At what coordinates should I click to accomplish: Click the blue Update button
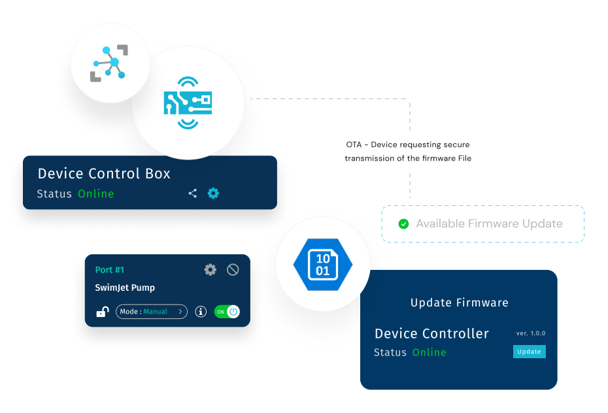[530, 352]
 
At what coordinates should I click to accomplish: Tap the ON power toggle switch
[227, 312]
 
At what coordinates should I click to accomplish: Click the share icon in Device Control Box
[193, 193]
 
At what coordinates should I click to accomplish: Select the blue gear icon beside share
[213, 193]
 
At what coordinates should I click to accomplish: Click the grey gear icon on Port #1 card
[210, 269]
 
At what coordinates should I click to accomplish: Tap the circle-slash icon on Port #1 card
[233, 269]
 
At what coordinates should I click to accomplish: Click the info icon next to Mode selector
[201, 312]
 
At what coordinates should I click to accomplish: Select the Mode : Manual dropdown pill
[152, 312]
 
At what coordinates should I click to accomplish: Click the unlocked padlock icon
[103, 311]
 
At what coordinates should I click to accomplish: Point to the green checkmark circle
[403, 224]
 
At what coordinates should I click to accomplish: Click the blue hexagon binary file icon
[322, 264]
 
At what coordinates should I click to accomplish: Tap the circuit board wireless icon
[188, 103]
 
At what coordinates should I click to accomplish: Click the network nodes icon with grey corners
[109, 63]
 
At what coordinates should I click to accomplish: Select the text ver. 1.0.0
[530, 333]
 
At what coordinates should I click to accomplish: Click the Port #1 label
[110, 270]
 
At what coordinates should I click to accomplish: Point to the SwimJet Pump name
[125, 288]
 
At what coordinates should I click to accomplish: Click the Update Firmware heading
[460, 303]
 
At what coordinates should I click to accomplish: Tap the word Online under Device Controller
[430, 352]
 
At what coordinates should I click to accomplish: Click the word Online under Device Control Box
[95, 193]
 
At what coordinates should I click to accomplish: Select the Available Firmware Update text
[490, 223]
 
